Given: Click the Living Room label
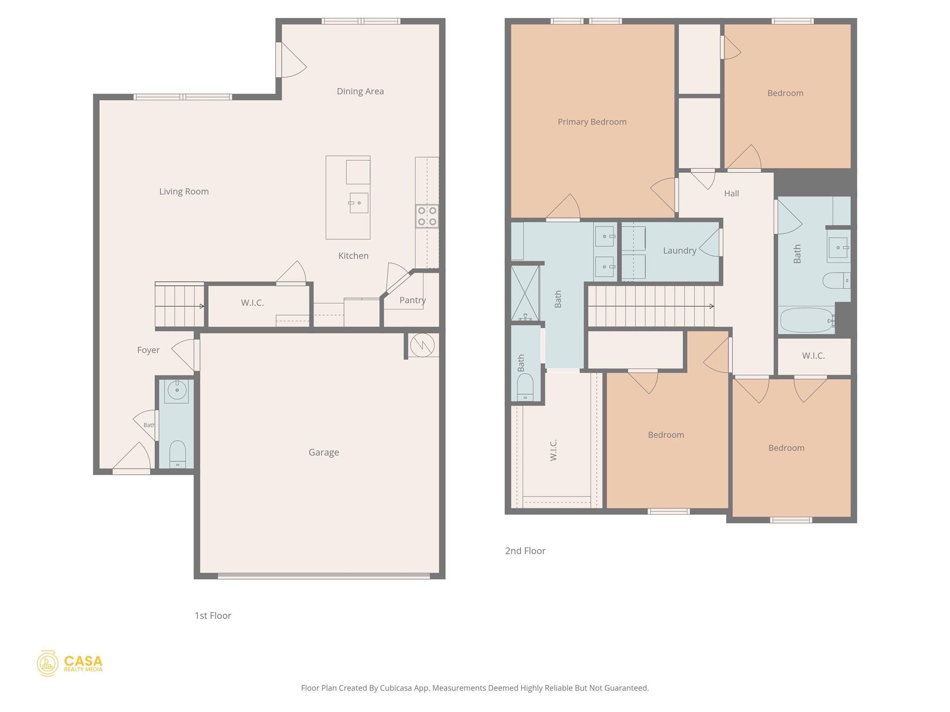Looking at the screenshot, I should [x=184, y=191].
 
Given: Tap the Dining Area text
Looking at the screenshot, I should [x=360, y=91].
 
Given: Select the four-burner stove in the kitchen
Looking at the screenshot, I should [x=427, y=216].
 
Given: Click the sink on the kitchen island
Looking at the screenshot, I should [x=359, y=203].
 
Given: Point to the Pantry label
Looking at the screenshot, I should [x=412, y=300].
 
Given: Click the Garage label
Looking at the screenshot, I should [x=323, y=452].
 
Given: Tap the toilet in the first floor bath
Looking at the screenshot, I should [x=177, y=454].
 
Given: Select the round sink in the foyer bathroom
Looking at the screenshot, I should [x=177, y=390].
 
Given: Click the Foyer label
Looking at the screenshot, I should [x=148, y=350].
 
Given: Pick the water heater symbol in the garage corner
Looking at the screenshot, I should [x=422, y=345].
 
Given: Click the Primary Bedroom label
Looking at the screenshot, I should [x=591, y=122].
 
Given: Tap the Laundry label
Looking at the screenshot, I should [x=679, y=251].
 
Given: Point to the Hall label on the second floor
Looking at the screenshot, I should [x=731, y=193].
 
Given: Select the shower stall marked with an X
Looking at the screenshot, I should [x=525, y=293].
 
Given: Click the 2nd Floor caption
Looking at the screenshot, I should [x=525, y=551].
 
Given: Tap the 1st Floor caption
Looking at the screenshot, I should [x=212, y=616].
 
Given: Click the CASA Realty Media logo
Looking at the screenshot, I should [x=70, y=663].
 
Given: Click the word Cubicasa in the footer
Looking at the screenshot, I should [x=397, y=688].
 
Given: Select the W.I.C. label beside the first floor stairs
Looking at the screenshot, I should [x=252, y=303].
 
